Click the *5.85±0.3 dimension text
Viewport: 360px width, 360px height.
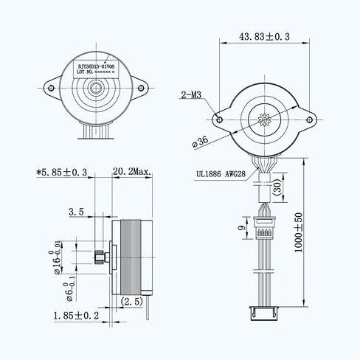coord(62,172)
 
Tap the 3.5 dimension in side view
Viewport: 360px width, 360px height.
coord(76,212)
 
